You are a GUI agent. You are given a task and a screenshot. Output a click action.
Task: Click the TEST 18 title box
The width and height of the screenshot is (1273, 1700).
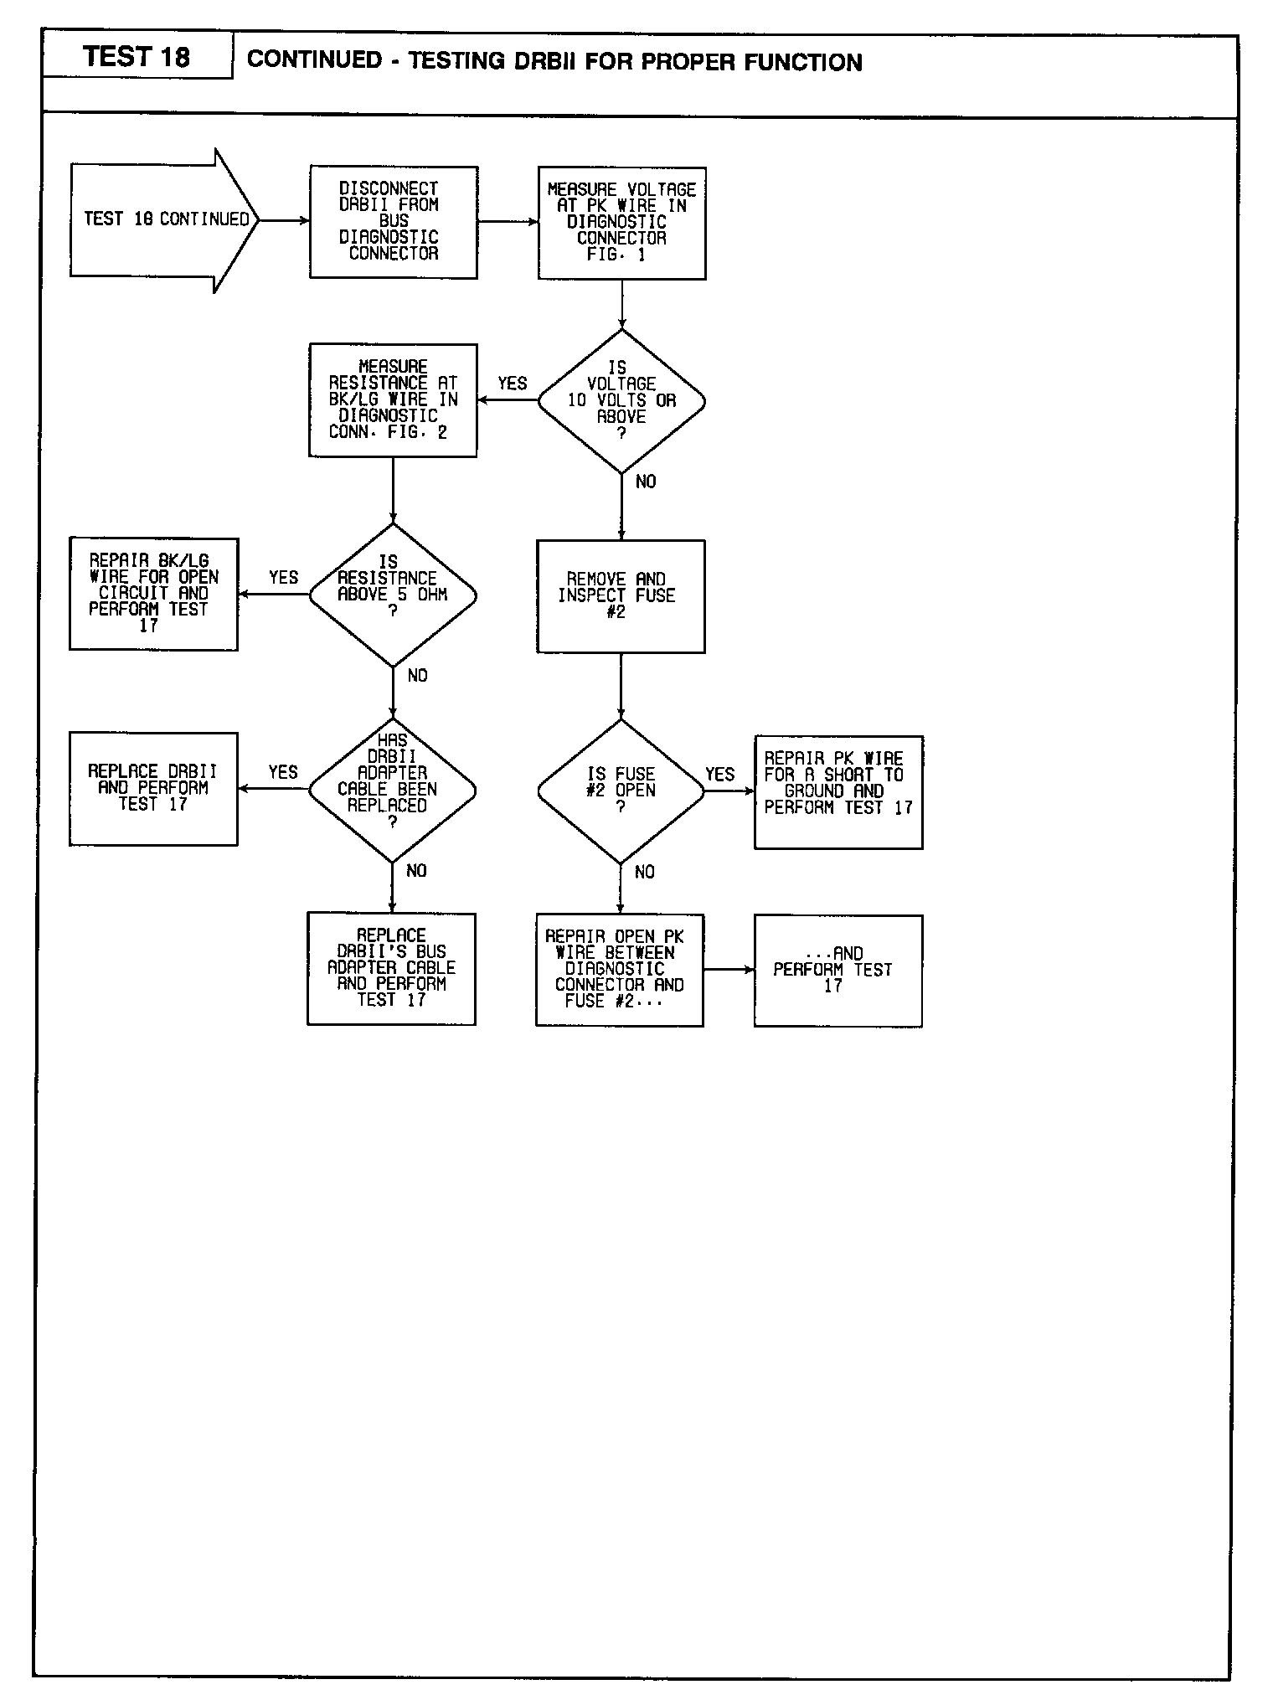tap(137, 57)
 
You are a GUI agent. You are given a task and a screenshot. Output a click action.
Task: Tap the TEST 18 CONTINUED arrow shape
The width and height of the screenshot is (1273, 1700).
tap(164, 220)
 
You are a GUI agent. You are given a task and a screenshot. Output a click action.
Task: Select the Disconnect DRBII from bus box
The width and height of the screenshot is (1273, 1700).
tap(393, 222)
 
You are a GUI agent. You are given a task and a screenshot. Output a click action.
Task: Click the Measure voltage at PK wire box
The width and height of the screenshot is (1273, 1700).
tap(621, 223)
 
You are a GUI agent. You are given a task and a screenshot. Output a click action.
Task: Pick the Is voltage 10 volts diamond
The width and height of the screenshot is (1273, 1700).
tap(621, 401)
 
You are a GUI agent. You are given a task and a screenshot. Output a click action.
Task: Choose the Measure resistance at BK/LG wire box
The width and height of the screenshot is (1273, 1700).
tap(393, 399)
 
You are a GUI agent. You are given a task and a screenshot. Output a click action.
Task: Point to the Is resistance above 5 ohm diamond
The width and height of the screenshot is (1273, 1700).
tap(393, 595)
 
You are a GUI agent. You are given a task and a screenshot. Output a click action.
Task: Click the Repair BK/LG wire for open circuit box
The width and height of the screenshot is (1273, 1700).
tap(153, 594)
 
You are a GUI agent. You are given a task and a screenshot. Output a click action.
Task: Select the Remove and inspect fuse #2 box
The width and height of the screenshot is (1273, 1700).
tap(621, 595)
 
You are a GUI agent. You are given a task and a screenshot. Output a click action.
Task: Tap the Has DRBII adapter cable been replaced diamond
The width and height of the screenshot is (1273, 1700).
tap(392, 790)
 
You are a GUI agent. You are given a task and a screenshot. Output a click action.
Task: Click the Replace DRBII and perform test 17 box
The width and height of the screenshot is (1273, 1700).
tap(153, 788)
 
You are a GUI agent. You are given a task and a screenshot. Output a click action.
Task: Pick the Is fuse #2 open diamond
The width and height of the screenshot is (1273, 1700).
tap(621, 791)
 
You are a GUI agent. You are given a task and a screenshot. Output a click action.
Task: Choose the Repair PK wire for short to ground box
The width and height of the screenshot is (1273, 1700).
tap(838, 791)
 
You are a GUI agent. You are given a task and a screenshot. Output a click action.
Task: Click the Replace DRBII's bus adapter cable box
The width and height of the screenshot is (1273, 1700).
tap(391, 968)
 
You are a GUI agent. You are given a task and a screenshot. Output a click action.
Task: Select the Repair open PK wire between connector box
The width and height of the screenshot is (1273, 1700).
tap(620, 970)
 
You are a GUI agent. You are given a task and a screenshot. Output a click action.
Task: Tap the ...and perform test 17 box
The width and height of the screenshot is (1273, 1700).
tap(837, 970)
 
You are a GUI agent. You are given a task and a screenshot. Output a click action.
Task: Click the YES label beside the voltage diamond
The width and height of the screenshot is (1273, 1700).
tap(513, 384)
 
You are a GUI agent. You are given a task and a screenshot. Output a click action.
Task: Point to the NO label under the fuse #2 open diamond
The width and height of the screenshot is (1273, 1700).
tap(645, 872)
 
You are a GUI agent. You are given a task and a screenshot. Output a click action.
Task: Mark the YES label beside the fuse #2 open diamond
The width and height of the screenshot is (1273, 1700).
tap(719, 774)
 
